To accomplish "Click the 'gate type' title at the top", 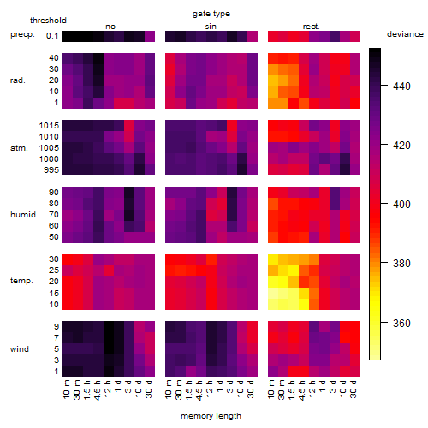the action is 211,14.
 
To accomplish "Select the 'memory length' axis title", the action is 211,416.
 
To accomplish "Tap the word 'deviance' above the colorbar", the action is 405,34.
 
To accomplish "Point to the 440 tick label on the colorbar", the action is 401,86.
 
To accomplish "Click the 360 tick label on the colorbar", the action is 401,323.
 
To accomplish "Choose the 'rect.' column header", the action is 312,27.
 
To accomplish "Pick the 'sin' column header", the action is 211,27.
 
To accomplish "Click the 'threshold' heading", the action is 48,21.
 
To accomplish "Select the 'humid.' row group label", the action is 24,215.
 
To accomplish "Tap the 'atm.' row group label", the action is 19,148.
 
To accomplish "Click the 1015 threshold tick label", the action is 49,126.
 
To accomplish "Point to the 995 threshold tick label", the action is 51,170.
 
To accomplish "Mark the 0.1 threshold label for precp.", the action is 52,36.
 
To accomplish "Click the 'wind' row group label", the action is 20,349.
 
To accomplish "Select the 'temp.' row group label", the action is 21,281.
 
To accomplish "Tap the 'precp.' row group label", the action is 22,34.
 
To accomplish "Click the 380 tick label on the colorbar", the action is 401,263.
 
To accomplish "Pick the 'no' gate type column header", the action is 110,27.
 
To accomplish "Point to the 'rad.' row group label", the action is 18,80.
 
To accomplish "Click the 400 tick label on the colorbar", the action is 401,204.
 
